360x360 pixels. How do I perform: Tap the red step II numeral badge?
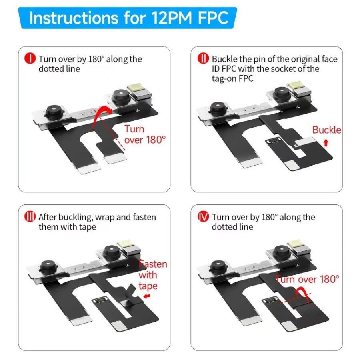203,59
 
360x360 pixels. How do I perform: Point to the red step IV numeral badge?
203,217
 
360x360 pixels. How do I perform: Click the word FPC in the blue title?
214,18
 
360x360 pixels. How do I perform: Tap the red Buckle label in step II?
326,130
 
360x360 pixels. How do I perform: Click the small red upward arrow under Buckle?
326,142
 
